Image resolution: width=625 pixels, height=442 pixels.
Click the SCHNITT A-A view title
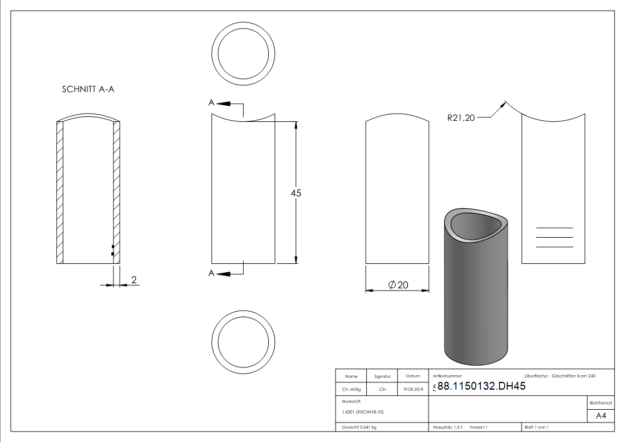click(88, 89)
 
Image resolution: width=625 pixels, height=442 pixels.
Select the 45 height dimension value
click(296, 193)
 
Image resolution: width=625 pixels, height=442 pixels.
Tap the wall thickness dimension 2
click(134, 279)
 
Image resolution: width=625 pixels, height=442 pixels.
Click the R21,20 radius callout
click(461, 117)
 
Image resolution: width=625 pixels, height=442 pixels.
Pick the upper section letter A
click(211, 102)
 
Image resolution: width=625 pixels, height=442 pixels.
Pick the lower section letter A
click(211, 273)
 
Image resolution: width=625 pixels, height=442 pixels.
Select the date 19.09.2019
click(413, 390)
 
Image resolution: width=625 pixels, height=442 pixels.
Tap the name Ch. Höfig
click(351, 390)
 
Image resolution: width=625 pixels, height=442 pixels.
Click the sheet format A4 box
click(601, 415)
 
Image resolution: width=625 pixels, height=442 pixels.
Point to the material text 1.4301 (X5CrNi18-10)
click(363, 412)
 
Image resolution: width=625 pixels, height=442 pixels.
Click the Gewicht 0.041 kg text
click(359, 428)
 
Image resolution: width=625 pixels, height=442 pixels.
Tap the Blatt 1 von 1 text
click(537, 428)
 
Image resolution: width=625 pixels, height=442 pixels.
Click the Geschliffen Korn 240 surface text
click(573, 376)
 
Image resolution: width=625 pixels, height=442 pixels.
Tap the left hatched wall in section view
click(60, 193)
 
